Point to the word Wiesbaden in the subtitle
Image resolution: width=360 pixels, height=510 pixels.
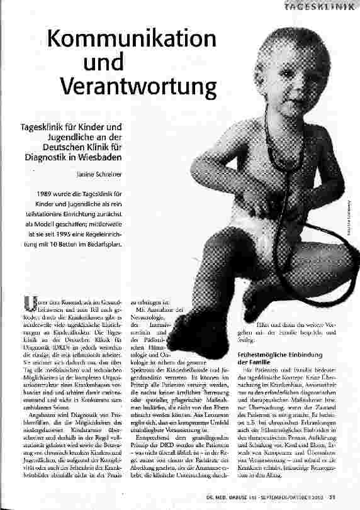coord(100,157)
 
